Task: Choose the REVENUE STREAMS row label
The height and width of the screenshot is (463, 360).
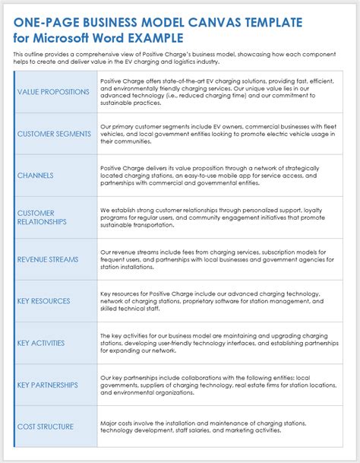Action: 48,259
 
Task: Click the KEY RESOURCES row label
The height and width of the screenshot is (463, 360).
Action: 43,301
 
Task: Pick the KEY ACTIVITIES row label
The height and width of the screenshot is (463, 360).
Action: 42,343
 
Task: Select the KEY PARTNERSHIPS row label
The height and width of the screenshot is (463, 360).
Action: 48,385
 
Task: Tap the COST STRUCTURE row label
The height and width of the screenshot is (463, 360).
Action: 46,427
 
